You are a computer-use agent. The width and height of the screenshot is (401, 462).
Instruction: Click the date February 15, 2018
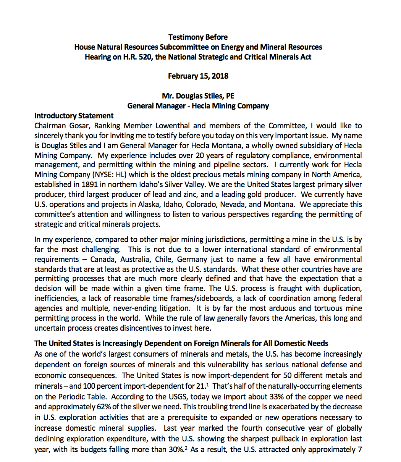198,76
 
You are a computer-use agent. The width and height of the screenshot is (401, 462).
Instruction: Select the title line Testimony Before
198,37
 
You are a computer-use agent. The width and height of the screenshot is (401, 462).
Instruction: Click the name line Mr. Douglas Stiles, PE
198,96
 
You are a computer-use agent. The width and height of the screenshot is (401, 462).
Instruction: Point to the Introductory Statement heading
74,116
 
